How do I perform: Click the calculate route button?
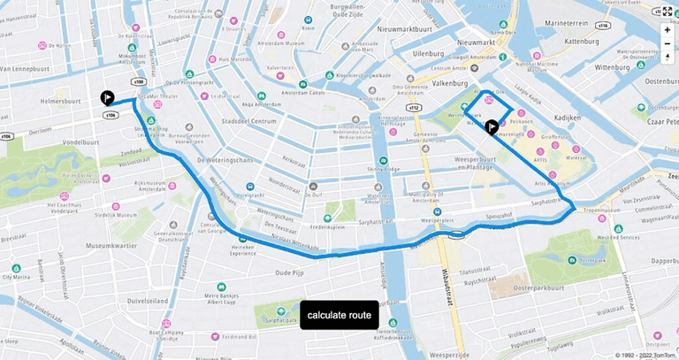(339, 315)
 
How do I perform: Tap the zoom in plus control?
(668, 29)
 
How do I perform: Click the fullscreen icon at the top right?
(668, 11)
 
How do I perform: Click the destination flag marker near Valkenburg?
(492, 126)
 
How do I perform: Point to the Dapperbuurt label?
(652, 261)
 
